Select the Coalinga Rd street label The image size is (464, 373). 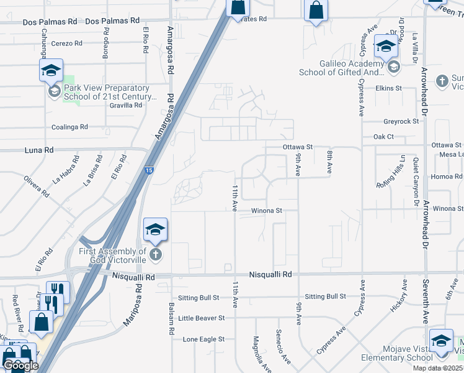[x=69, y=127]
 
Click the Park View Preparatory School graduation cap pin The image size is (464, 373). [x=51, y=71]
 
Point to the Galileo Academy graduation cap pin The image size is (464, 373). [x=385, y=45]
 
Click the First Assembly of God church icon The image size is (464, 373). [x=155, y=254]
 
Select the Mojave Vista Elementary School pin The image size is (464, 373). [x=441, y=341]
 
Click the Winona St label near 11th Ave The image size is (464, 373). [x=267, y=211]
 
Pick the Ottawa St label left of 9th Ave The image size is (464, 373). [x=297, y=147]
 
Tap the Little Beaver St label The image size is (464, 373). [x=201, y=318]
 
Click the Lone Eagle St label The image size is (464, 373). [x=203, y=339]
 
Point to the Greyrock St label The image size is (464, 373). [x=401, y=122]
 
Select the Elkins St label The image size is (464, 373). [x=389, y=88]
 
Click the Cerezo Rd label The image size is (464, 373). [x=67, y=44]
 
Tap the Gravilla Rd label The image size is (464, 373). [x=126, y=105]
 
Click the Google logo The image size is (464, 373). [x=20, y=366]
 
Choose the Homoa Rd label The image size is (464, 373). [x=446, y=177]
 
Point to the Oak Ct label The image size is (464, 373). [x=383, y=136]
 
